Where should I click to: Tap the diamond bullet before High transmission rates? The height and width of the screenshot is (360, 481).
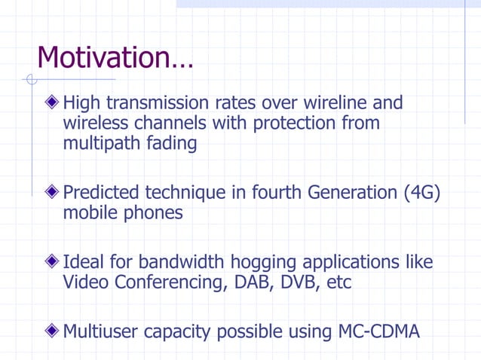(53, 102)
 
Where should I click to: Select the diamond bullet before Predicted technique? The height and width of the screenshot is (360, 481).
(53, 193)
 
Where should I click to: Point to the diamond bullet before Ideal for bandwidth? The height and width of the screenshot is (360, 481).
(53, 262)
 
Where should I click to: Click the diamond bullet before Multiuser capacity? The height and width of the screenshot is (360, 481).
(53, 331)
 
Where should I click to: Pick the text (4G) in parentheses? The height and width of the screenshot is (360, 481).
(418, 193)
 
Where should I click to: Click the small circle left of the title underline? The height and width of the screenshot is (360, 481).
(29, 79)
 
